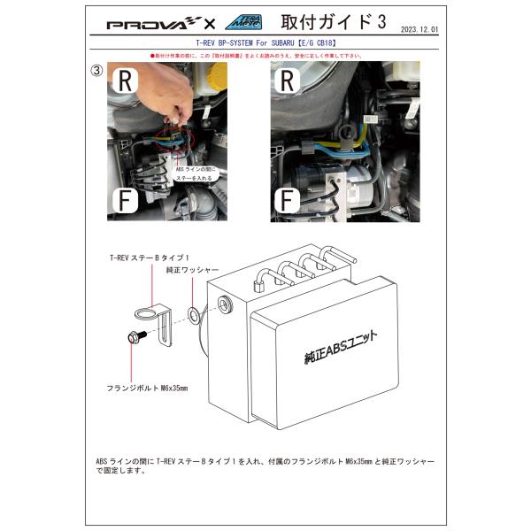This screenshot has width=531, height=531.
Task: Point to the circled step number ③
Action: [96, 70]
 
